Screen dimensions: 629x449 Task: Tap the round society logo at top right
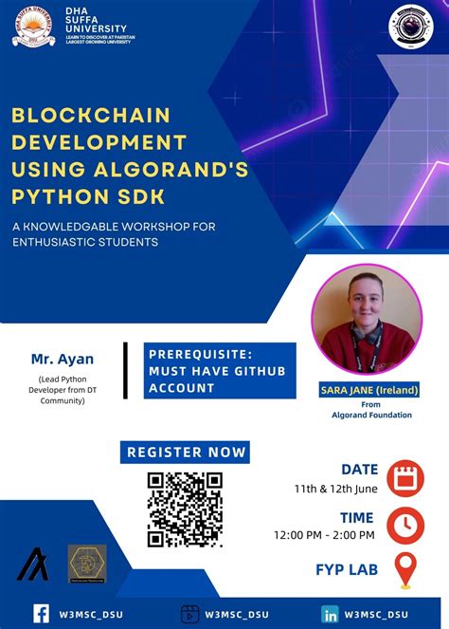pyautogui.click(x=411, y=27)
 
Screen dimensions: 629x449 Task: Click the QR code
pyautogui.click(x=185, y=509)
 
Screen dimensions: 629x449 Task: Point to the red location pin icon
pyautogui.click(x=405, y=569)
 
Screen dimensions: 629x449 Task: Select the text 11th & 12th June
pyautogui.click(x=336, y=490)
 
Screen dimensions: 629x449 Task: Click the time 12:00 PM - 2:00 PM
pyautogui.click(x=324, y=535)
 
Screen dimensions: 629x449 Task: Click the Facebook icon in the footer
pyautogui.click(x=42, y=614)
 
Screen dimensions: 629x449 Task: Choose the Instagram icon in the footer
pyautogui.click(x=189, y=614)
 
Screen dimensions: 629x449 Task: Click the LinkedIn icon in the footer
pyautogui.click(x=331, y=614)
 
